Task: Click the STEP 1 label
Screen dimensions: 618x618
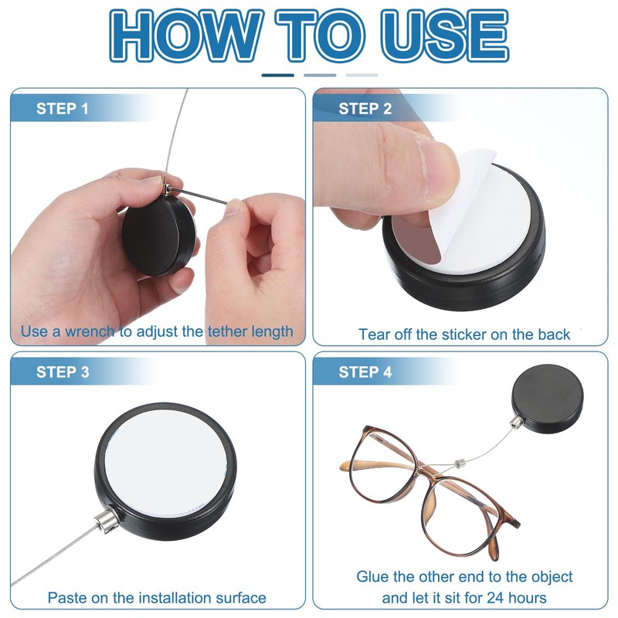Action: (x=63, y=109)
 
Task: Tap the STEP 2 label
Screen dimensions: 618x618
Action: (x=365, y=109)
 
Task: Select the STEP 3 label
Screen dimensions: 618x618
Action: (x=63, y=372)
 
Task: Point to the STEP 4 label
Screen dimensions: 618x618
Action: (x=365, y=372)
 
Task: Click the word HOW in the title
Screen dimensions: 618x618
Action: (x=186, y=36)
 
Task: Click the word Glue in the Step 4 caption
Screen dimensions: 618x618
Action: (x=373, y=576)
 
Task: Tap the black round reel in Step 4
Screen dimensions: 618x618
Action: (x=547, y=398)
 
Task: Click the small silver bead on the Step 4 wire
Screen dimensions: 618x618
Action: (x=460, y=463)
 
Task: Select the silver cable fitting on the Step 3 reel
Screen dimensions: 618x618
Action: (x=106, y=521)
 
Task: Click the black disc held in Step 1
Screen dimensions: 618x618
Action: (x=158, y=235)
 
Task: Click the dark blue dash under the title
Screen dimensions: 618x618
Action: (x=278, y=75)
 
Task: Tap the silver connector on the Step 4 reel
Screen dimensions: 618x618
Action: (x=516, y=423)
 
